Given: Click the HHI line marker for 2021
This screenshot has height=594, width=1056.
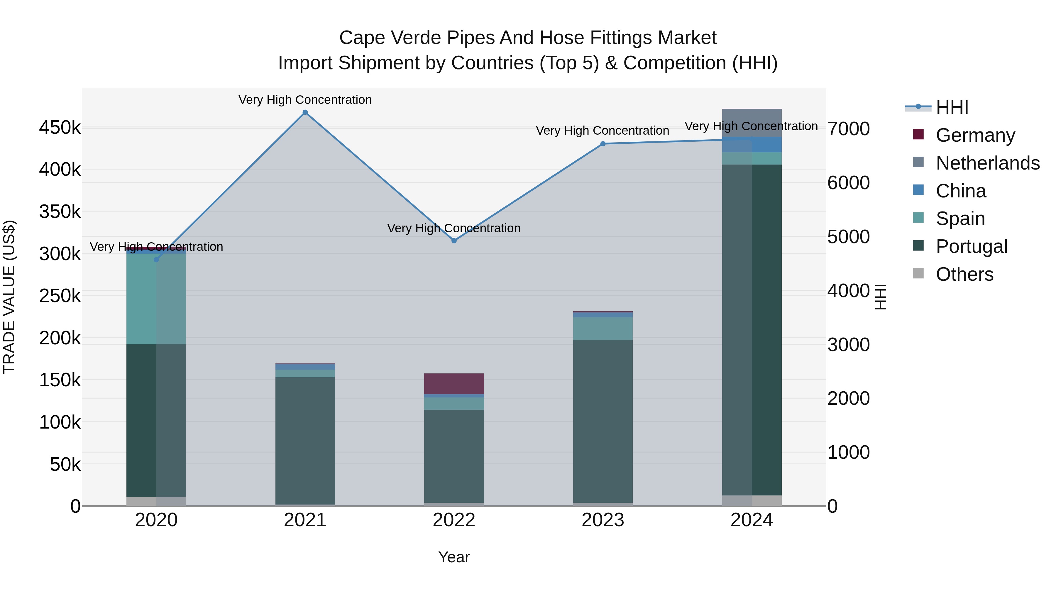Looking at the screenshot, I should pyautogui.click(x=305, y=112).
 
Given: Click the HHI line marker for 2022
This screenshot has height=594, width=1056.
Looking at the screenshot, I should pyautogui.click(x=454, y=241).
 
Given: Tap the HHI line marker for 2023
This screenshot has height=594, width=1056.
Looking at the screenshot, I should pyautogui.click(x=603, y=144).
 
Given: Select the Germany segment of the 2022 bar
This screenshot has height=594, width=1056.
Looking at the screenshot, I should pyautogui.click(x=454, y=384).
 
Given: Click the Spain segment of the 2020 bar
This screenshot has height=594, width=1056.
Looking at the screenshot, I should pyautogui.click(x=156, y=299).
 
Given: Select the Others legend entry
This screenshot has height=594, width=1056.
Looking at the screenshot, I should pyautogui.click(x=964, y=274).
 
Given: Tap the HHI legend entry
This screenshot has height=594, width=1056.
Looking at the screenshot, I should pyautogui.click(x=952, y=107).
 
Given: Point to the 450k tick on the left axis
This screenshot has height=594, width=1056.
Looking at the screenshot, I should pyautogui.click(x=60, y=128).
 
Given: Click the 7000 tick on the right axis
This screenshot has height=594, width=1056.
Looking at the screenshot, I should pyautogui.click(x=848, y=129).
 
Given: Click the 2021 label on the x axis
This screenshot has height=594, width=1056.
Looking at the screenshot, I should pyautogui.click(x=305, y=520).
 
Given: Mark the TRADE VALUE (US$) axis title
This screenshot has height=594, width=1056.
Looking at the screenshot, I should pyautogui.click(x=9, y=297).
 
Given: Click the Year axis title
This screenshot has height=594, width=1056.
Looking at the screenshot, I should pyautogui.click(x=454, y=557).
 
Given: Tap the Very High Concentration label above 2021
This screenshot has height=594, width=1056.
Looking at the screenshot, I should pyautogui.click(x=305, y=100).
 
